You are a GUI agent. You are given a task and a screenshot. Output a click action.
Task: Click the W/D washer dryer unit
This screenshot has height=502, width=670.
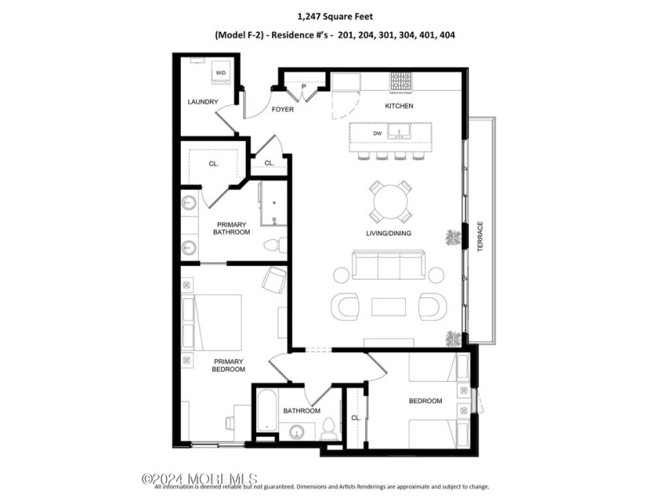click(219, 73)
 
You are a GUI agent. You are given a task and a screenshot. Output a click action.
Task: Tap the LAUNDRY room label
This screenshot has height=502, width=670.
click(203, 102)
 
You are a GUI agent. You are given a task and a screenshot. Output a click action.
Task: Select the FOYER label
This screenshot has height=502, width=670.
click(282, 109)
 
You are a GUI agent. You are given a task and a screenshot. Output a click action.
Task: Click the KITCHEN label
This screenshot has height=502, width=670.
click(400, 106)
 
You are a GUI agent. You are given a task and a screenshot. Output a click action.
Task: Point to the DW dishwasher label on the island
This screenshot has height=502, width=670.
click(366, 133)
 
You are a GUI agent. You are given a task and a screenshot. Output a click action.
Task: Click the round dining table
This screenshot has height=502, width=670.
click(391, 202)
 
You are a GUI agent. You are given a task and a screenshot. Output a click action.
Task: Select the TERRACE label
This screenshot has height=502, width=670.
click(480, 237)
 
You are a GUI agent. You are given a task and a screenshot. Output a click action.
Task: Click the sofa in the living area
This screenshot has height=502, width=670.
click(389, 267)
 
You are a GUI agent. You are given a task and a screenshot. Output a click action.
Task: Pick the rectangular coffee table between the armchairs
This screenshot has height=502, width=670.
click(388, 306)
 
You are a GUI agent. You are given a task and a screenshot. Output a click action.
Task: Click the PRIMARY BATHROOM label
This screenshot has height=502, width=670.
click(231, 229)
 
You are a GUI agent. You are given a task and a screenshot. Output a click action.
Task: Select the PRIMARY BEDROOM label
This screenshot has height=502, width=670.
click(228, 365)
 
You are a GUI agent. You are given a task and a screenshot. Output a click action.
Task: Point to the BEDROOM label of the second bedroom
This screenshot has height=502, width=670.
click(425, 401)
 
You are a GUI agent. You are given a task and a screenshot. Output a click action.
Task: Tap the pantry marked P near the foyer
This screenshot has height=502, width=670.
click(304, 86)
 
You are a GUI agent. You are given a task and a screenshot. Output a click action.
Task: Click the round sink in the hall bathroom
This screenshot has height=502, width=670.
click(297, 433)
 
